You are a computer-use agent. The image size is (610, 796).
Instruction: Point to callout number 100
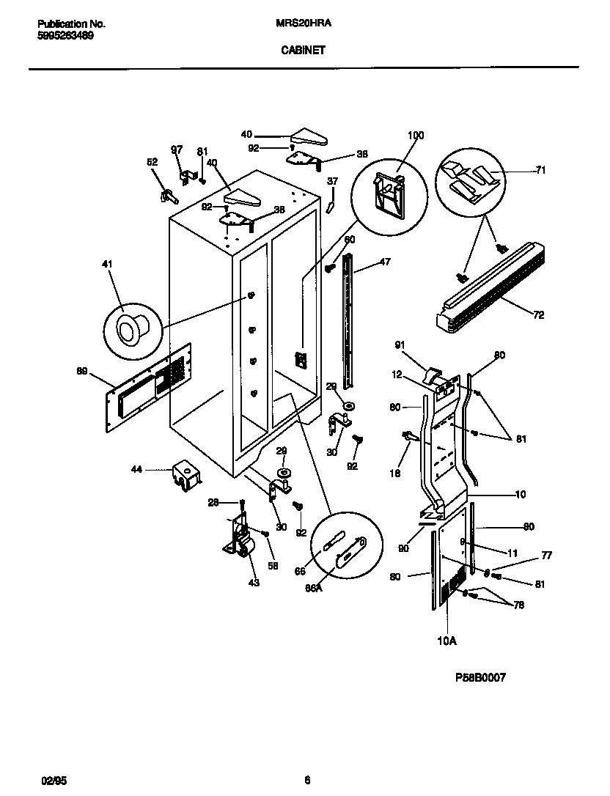[415, 136]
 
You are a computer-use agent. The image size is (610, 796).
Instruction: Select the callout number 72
[539, 314]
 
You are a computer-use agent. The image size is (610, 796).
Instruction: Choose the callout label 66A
[313, 586]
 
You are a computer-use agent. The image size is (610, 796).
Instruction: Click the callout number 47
[385, 262]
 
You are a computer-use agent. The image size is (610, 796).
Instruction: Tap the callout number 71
[541, 170]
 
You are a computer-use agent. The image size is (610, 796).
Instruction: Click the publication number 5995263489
[65, 34]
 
